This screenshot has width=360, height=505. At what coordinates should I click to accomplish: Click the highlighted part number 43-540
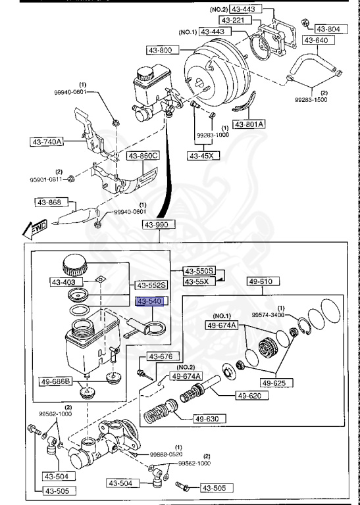[x=149, y=301]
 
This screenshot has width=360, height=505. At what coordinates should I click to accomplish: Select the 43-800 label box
[x=157, y=49]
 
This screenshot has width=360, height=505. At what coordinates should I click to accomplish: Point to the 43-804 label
[x=327, y=29]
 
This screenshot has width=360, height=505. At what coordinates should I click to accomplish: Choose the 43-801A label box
[x=249, y=124]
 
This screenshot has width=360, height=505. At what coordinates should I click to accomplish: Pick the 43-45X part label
[x=202, y=156]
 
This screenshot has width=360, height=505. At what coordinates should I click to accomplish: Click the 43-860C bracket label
[x=143, y=156]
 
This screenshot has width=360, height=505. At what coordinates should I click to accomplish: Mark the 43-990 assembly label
[x=157, y=225]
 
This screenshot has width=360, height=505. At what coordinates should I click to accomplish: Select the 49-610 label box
[x=263, y=282]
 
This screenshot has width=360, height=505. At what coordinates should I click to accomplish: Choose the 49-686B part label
[x=56, y=381]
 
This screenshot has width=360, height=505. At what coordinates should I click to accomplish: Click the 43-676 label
[x=159, y=356]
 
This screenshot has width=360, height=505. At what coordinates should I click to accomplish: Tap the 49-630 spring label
[x=206, y=418]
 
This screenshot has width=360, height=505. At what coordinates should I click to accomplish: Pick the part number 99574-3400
[x=269, y=314]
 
